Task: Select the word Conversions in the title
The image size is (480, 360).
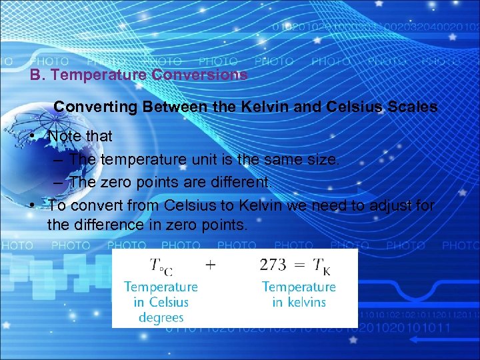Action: point(200,75)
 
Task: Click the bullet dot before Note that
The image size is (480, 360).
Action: point(33,137)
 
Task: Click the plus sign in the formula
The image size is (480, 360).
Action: point(211,265)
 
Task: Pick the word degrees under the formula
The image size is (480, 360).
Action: point(161,317)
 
